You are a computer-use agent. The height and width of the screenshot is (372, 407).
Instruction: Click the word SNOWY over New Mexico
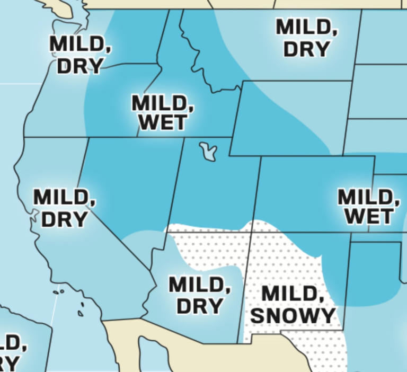point(293,315)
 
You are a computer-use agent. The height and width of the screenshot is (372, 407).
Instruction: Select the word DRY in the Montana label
point(306,49)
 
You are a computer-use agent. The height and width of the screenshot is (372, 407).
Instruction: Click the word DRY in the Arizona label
point(199,306)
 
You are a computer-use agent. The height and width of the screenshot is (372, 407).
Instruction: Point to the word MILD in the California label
point(65,198)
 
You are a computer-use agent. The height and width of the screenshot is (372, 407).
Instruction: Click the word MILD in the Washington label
point(81,45)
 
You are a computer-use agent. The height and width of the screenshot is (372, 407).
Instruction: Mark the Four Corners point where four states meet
point(251,232)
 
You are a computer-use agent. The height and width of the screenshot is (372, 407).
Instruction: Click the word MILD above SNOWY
point(293,294)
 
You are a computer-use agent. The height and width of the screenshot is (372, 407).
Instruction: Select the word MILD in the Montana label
point(306,27)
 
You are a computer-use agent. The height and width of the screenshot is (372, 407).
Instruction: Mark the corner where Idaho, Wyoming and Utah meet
point(231,137)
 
